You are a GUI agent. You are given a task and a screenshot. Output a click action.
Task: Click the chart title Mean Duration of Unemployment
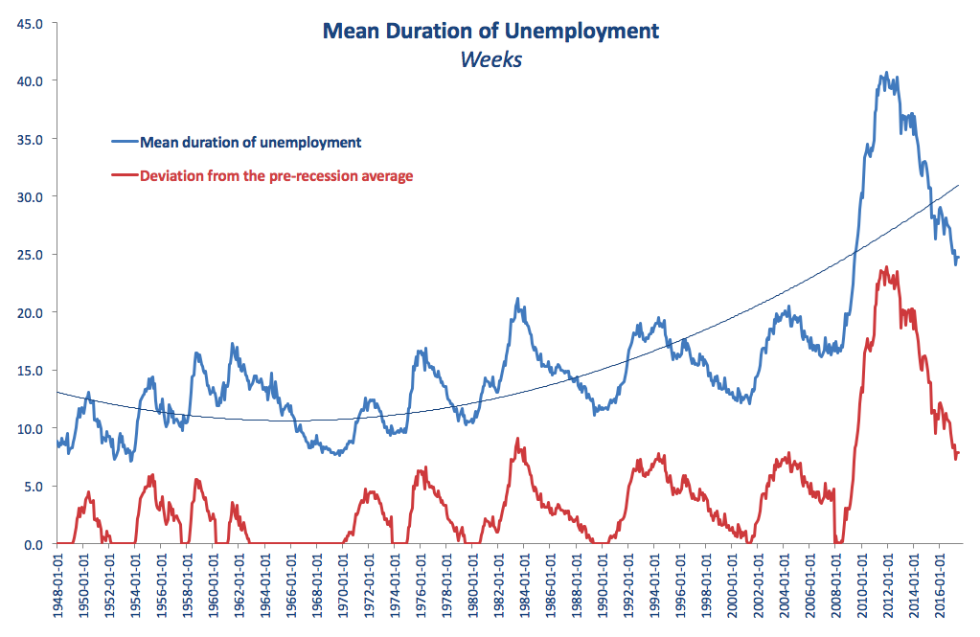(x=490, y=31)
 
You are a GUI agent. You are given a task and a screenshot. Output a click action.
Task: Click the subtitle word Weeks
(x=490, y=58)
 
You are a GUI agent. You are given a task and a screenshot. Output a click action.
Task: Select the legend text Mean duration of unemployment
(x=250, y=143)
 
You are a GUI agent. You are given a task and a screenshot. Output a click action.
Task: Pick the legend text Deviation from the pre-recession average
(x=276, y=176)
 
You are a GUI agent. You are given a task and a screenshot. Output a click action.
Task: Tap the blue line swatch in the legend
(x=125, y=143)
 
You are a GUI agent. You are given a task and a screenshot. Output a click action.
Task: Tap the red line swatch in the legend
(x=125, y=176)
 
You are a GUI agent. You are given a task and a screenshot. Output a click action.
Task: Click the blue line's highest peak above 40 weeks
(x=885, y=73)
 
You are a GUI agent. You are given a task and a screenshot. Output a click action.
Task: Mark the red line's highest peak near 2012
(x=886, y=268)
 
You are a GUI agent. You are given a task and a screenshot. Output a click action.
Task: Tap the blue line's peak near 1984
(x=517, y=299)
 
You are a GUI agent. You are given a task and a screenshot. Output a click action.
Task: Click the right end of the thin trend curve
(x=958, y=185)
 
